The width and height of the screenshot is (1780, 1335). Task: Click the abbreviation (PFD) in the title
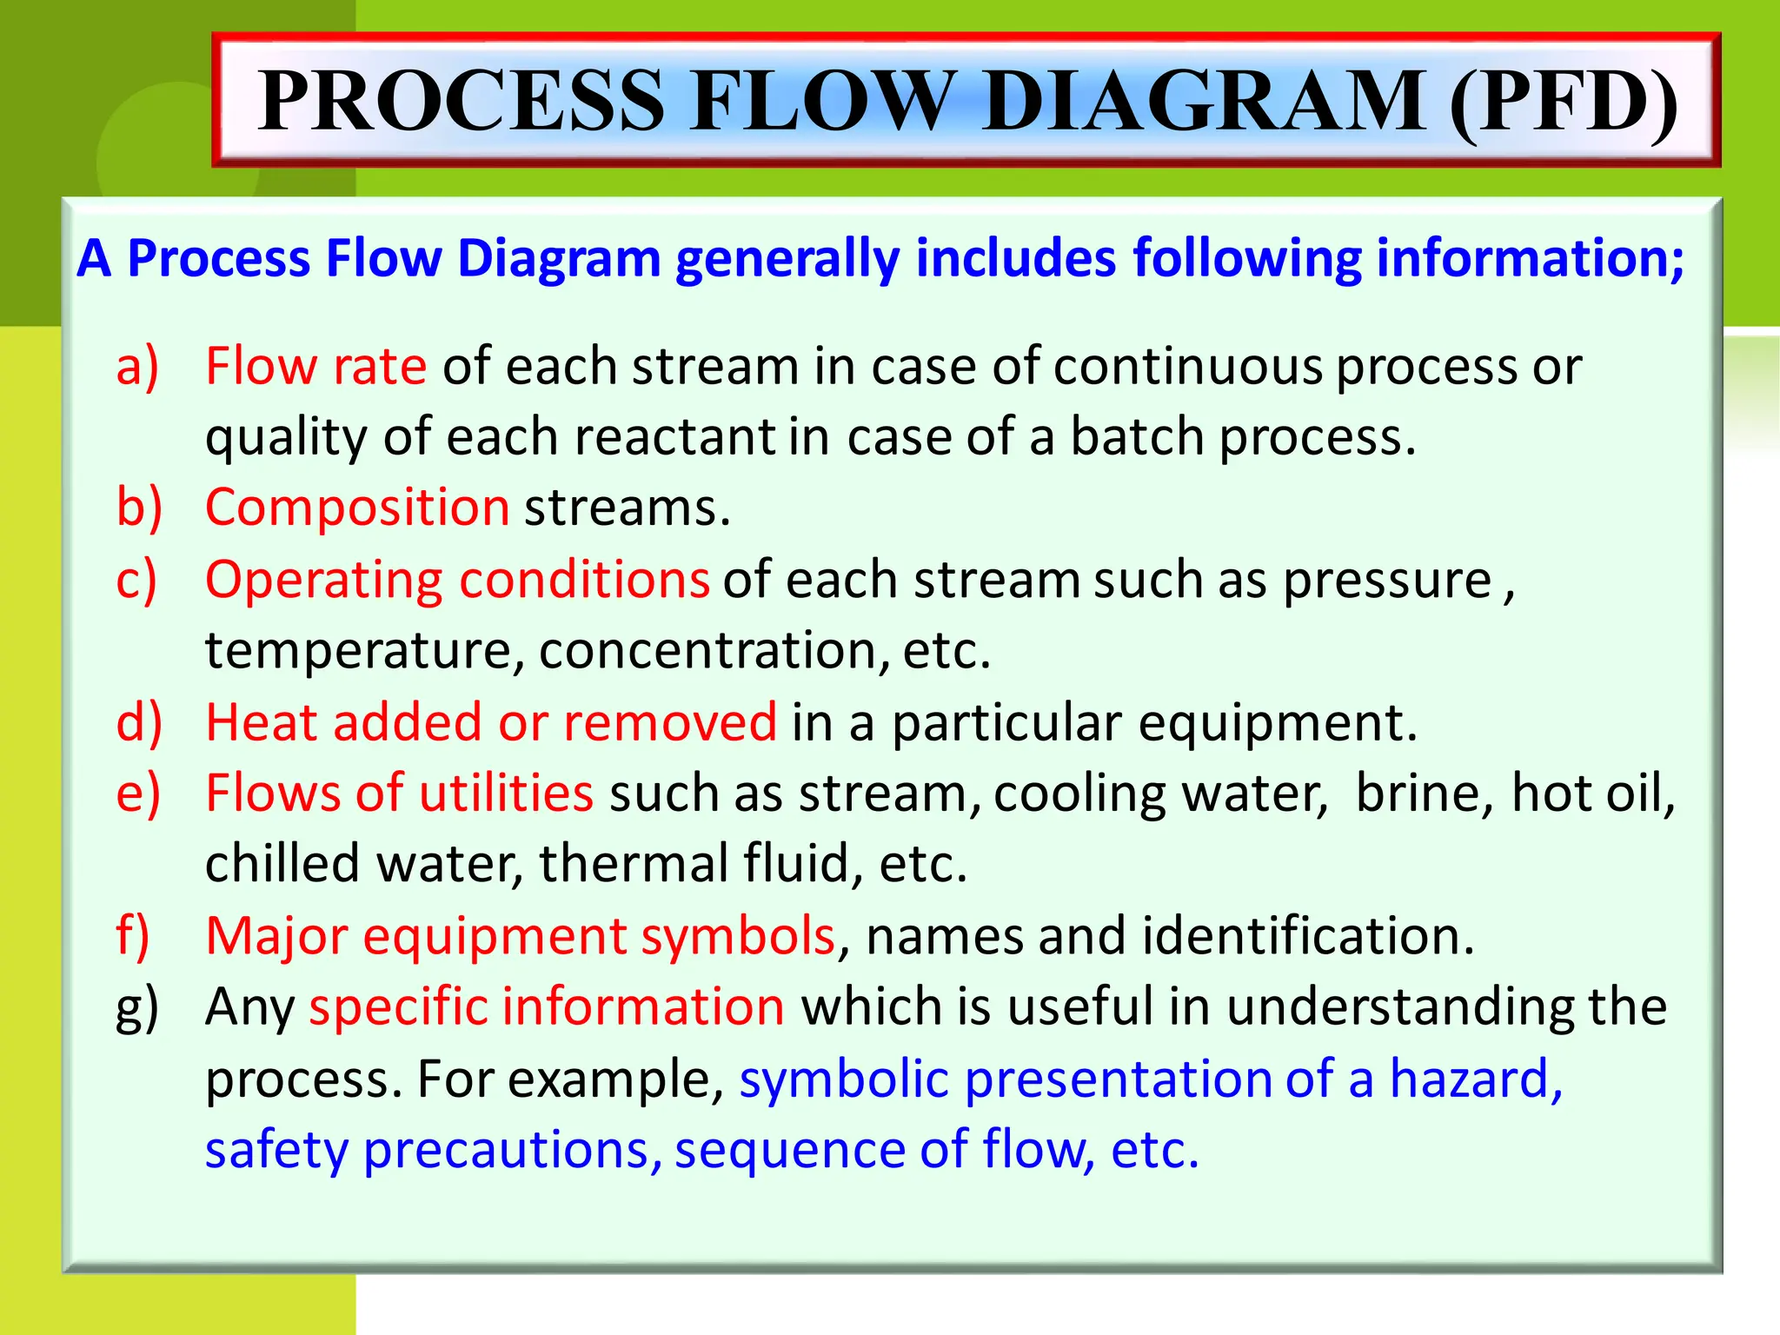[1564, 102]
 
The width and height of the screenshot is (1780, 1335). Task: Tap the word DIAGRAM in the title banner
[1205, 102]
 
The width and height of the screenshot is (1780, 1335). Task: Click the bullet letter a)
[137, 366]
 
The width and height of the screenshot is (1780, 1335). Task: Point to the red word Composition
[357, 508]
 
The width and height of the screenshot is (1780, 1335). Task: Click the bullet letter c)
[136, 580]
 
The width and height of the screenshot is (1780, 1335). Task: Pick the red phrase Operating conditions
[457, 580]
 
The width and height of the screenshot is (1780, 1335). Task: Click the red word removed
[670, 722]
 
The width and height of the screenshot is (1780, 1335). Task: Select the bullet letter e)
[138, 794]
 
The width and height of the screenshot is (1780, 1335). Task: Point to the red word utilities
[506, 794]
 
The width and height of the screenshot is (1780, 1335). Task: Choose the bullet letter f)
[133, 936]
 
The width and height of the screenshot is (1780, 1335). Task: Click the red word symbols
[738, 936]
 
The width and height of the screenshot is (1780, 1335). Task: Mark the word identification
[1307, 936]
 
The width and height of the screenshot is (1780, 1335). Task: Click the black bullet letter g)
[137, 1008]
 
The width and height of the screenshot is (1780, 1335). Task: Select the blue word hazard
[1475, 1079]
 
